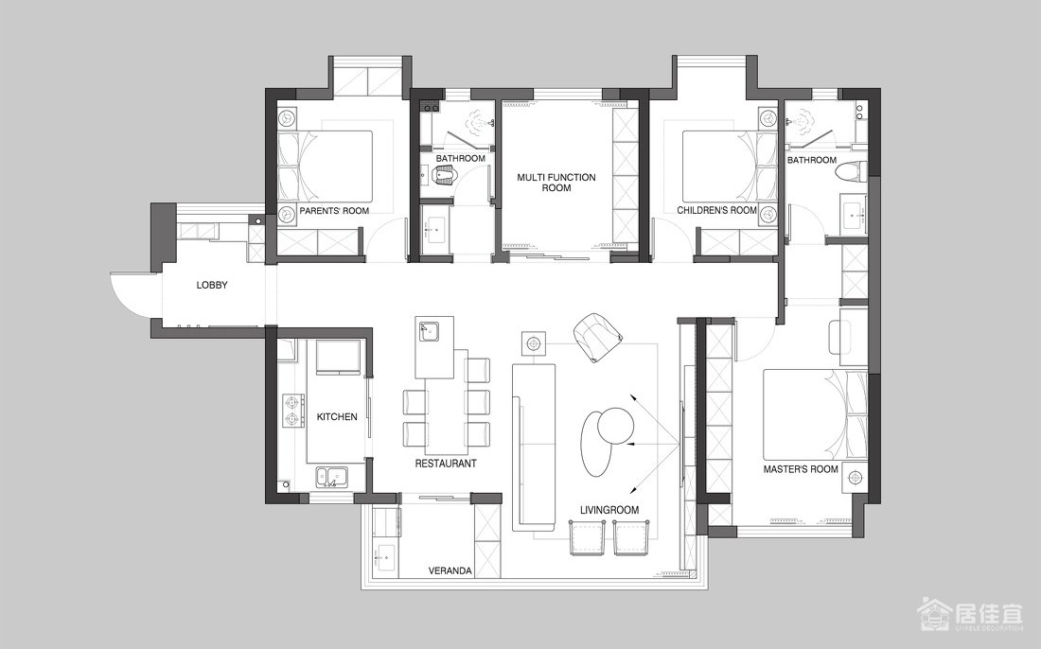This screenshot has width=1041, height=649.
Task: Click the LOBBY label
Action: [x=212, y=286]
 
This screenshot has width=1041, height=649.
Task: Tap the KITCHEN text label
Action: [x=337, y=416]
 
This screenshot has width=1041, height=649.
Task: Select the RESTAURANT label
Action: [x=446, y=464]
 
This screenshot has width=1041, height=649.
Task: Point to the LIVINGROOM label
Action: [x=609, y=510]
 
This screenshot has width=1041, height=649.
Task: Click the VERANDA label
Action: [x=450, y=570]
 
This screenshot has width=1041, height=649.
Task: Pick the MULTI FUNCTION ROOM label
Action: [x=556, y=183]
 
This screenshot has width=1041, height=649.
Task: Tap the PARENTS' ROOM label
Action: [x=334, y=211]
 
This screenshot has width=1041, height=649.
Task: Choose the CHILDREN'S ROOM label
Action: [x=717, y=210]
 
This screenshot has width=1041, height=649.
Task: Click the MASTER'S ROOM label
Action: [x=801, y=469]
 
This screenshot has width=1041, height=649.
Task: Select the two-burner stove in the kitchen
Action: [x=293, y=410]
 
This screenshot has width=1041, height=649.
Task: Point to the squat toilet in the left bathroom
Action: [x=444, y=176]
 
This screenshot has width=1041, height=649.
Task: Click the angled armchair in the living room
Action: [x=597, y=337]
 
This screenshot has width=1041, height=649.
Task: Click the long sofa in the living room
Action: [x=533, y=446]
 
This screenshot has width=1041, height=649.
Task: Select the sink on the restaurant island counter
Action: [x=428, y=330]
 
